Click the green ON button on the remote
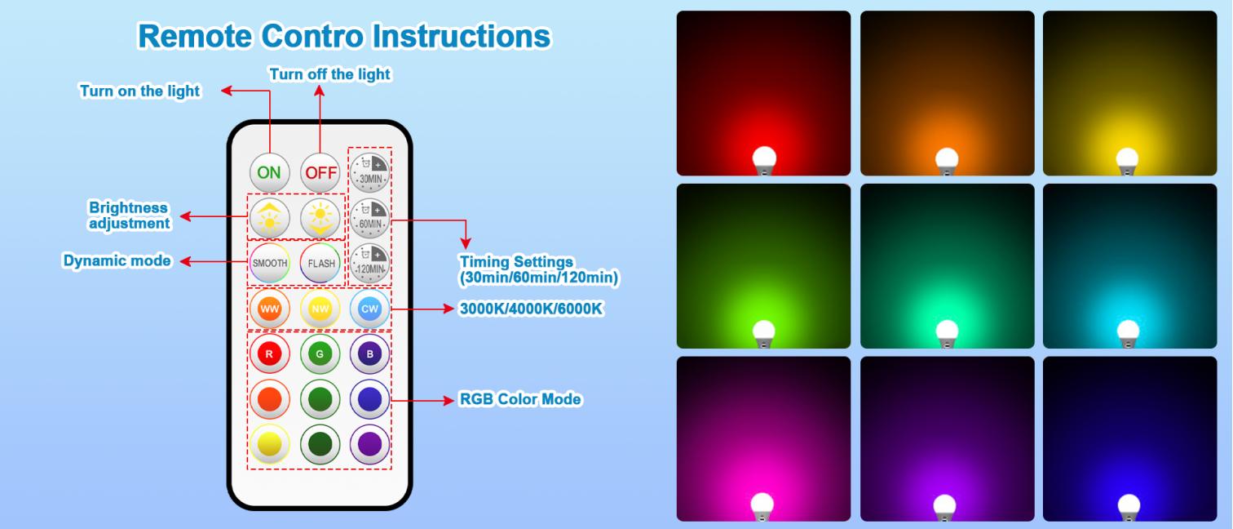tap(269, 172)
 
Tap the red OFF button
tap(320, 172)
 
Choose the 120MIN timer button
tap(370, 263)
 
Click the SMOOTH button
tap(269, 264)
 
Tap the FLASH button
tap(320, 264)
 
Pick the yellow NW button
tap(320, 309)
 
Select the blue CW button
tap(370, 309)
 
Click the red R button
tap(269, 354)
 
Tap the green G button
tap(320, 354)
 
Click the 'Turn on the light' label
tap(139, 91)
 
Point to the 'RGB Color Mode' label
tap(520, 400)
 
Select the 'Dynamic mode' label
tap(117, 261)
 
